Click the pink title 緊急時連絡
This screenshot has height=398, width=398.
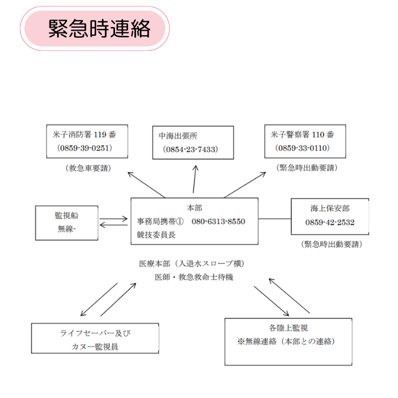pyautogui.click(x=99, y=28)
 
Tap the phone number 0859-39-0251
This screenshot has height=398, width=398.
pyautogui.click(x=84, y=148)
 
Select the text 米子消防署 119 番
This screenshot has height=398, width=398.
pyautogui.click(x=84, y=134)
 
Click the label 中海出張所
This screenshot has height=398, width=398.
pyautogui.click(x=178, y=136)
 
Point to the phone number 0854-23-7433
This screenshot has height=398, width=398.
pyautogui.click(x=190, y=149)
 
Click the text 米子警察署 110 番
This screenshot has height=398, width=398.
pyautogui.click(x=302, y=134)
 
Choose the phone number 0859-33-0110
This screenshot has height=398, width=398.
pyautogui.click(x=302, y=148)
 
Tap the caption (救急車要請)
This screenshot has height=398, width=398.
pyautogui.click(x=88, y=168)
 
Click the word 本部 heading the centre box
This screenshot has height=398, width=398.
pyautogui.click(x=195, y=208)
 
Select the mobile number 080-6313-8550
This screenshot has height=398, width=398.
pyautogui.click(x=218, y=221)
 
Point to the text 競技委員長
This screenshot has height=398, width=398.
pyautogui.click(x=156, y=235)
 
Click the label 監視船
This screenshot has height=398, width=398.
pyautogui.click(x=67, y=215)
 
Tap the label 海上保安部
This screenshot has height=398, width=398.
pyautogui.click(x=330, y=208)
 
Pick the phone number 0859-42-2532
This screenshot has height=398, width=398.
pyautogui.click(x=330, y=222)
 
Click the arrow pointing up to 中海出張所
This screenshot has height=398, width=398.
pyautogui.click(x=195, y=179)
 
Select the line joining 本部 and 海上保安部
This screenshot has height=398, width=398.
pyautogui.click(x=275, y=219)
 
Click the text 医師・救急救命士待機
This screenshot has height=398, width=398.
pyautogui.click(x=194, y=277)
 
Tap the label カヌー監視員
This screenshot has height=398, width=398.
pyautogui.click(x=95, y=347)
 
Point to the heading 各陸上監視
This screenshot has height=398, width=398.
pyautogui.click(x=288, y=328)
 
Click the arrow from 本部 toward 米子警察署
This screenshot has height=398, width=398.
pyautogui.click(x=245, y=185)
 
